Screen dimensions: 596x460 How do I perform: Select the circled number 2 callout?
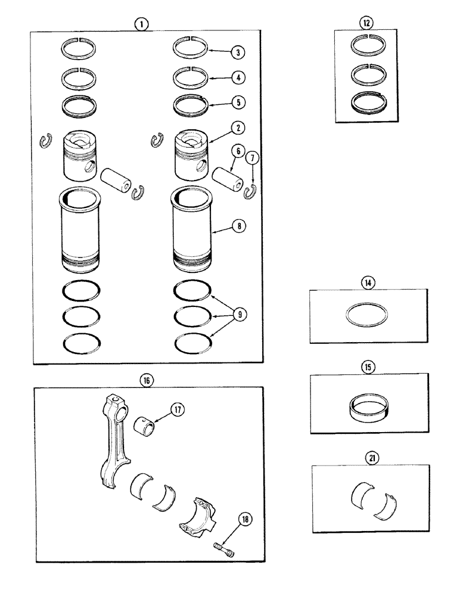click(239, 126)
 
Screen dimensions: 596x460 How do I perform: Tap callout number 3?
click(239, 52)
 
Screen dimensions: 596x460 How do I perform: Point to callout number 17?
click(178, 409)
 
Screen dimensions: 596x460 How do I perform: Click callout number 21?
click(367, 458)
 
